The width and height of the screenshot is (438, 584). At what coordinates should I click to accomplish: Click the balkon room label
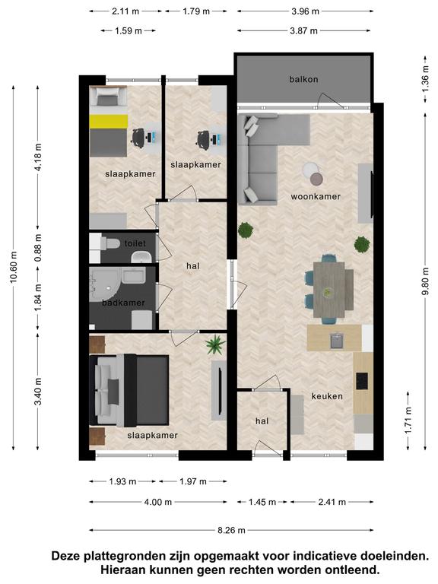pyautogui.click(x=303, y=79)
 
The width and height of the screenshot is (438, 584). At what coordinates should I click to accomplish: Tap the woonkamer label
pyautogui.click(x=316, y=197)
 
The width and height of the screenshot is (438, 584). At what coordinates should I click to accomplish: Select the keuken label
pyautogui.click(x=327, y=396)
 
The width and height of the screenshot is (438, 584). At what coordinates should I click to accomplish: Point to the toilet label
pyautogui.click(x=135, y=243)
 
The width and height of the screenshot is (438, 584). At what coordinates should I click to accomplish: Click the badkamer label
pyautogui.click(x=123, y=303)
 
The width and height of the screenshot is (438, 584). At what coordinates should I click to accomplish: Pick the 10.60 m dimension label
pyautogui.click(x=14, y=267)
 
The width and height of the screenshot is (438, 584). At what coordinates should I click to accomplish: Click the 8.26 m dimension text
pyautogui.click(x=231, y=530)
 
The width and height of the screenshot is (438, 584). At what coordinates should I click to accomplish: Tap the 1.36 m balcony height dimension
pyautogui.click(x=425, y=78)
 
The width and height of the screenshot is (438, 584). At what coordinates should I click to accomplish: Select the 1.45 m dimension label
pyautogui.click(x=262, y=502)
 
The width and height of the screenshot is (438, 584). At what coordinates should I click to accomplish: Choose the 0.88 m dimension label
pyautogui.click(x=38, y=248)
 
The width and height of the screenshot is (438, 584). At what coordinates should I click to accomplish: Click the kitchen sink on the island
pyautogui.click(x=337, y=341)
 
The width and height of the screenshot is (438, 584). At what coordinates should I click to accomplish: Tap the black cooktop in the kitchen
pyautogui.click(x=362, y=381)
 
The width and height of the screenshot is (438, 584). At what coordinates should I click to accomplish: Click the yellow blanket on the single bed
pyautogui.click(x=109, y=122)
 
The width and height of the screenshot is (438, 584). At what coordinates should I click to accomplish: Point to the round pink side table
pyautogui.click(x=316, y=179)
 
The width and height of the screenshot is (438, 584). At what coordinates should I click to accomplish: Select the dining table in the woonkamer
pyautogui.click(x=328, y=290)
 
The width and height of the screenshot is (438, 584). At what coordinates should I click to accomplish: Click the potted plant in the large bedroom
pyautogui.click(x=216, y=344)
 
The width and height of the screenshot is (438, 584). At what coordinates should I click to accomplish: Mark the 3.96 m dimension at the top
pyautogui.click(x=305, y=11)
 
